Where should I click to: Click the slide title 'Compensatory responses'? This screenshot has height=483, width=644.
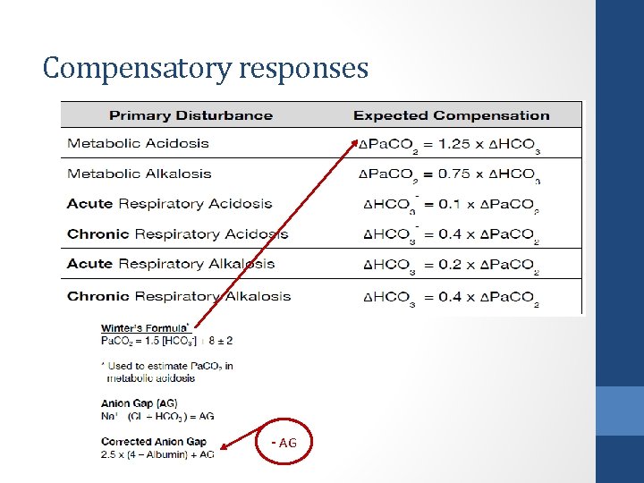[205, 68]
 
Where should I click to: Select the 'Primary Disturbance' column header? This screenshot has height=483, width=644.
[191, 115]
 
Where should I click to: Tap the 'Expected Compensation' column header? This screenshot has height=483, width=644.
[451, 115]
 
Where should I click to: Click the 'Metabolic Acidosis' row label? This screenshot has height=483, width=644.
[138, 143]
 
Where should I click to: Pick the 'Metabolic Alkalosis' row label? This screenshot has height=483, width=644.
[140, 174]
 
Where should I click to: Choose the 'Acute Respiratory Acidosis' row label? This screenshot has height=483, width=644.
[169, 203]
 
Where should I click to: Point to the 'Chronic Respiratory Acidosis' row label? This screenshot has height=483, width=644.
[177, 234]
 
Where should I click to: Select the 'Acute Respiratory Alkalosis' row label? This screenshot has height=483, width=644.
[171, 264]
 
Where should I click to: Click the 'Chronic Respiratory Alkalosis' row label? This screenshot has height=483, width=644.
[179, 296]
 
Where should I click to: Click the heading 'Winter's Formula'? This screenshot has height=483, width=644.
[144, 328]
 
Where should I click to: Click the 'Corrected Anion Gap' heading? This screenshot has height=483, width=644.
[154, 442]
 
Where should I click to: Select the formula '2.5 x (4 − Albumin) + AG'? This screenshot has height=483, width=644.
[157, 454]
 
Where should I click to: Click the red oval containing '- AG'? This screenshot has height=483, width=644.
[285, 444]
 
